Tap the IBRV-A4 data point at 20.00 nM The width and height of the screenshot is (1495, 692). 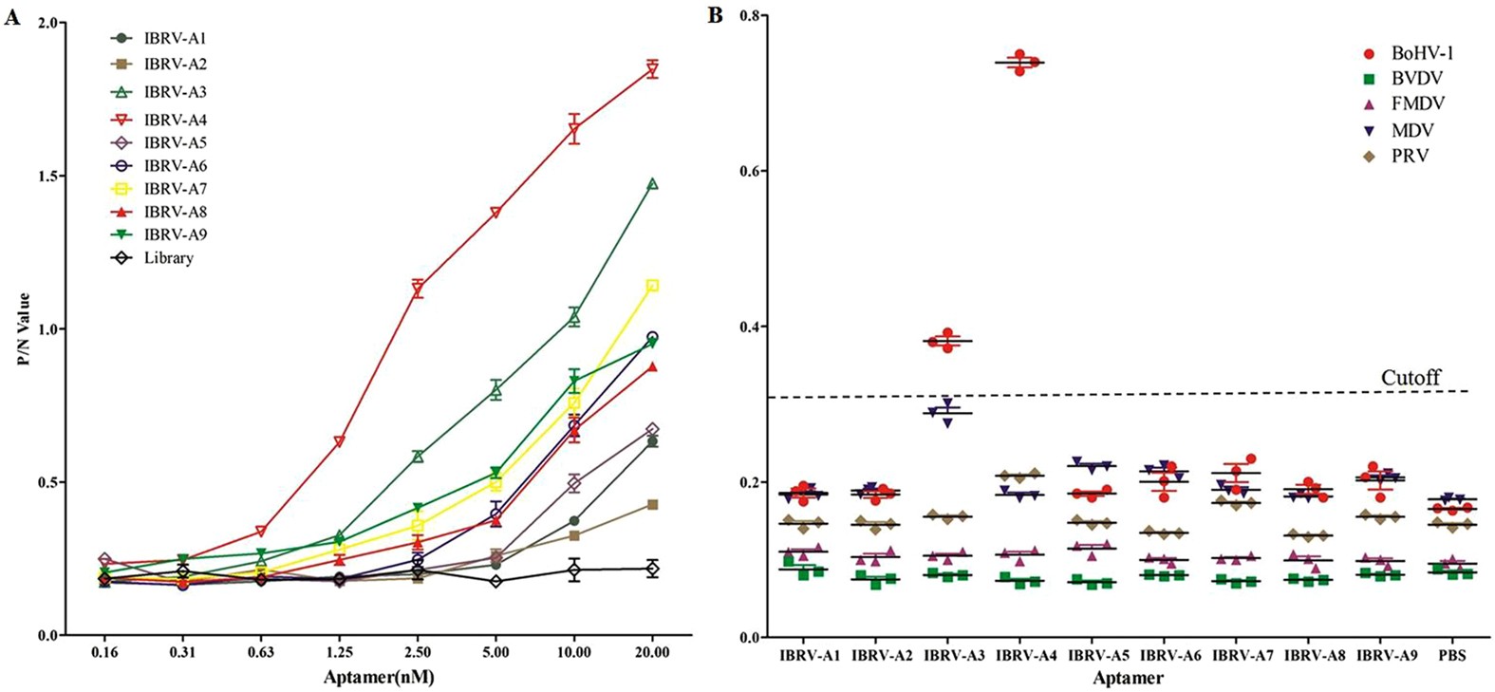point(652,69)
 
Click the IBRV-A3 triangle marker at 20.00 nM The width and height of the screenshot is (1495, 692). point(652,184)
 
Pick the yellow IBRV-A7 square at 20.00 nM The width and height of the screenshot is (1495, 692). point(652,286)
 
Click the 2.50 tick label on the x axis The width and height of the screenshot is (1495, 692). point(418,652)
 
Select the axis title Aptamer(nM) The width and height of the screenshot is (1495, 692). point(379,677)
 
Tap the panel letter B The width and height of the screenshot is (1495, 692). point(716,14)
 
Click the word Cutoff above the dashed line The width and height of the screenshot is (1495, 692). point(1410,378)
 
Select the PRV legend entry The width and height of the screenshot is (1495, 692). point(1409,155)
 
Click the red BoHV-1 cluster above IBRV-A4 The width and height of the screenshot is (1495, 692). point(1019,63)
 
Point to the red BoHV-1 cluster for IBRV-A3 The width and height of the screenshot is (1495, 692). point(946,341)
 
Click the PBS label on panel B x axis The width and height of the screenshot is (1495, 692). point(1451,656)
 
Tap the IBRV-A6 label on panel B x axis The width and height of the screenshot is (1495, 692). point(1168,656)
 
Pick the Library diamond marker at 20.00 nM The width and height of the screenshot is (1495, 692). point(652,569)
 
